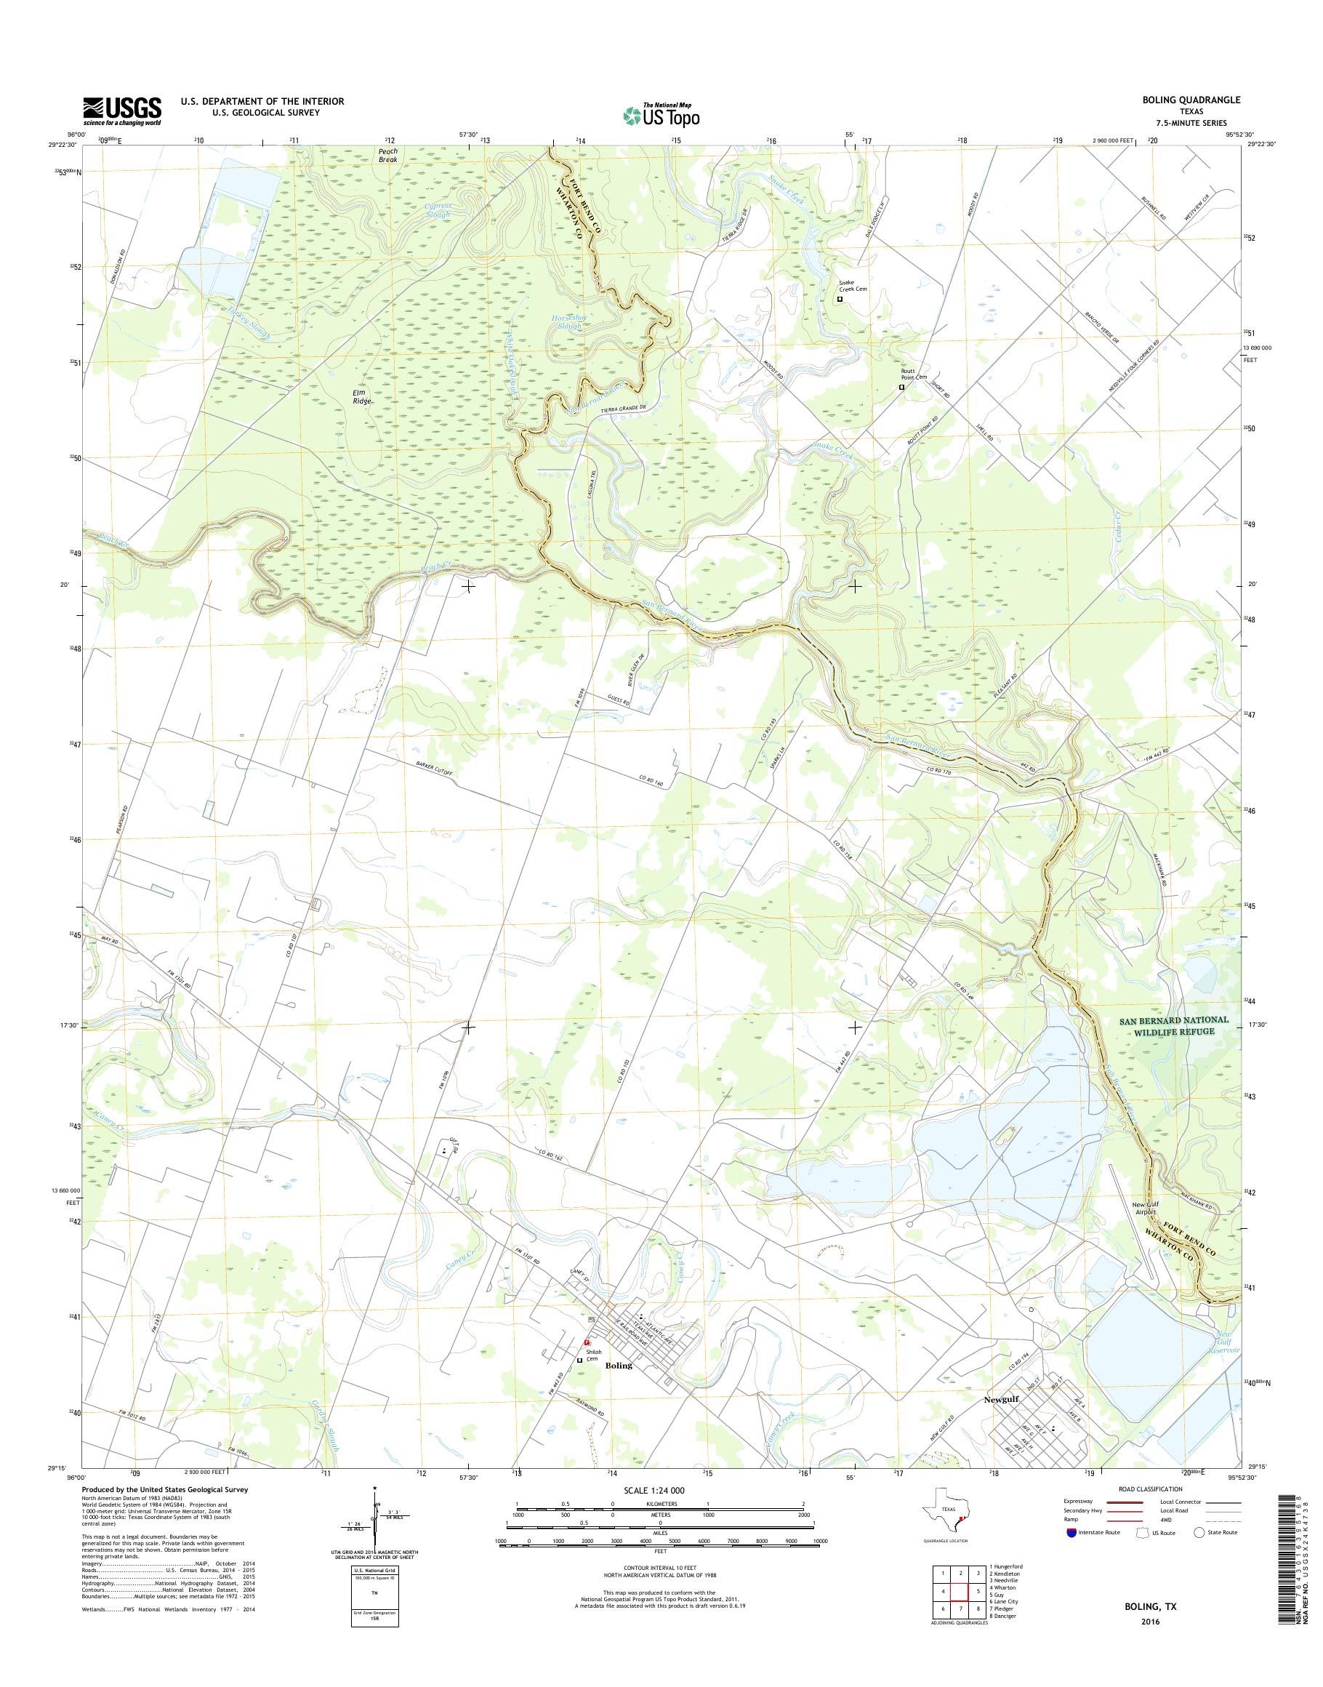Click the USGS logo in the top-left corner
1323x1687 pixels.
[x=122, y=111]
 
